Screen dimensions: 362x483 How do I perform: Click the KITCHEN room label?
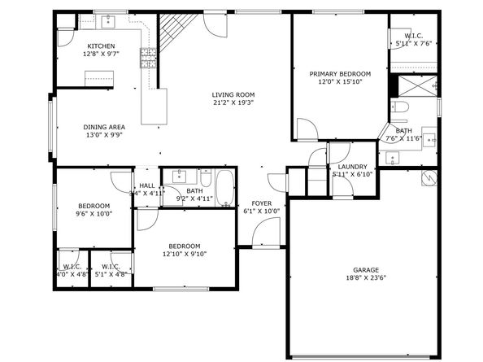pyautogui.click(x=101, y=46)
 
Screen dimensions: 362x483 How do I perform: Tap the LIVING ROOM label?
pyautogui.click(x=233, y=94)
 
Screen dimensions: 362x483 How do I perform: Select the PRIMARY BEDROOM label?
pyautogui.click(x=340, y=73)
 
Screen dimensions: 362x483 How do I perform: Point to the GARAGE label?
pyautogui.click(x=365, y=270)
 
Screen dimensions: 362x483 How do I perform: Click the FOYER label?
pyautogui.click(x=262, y=203)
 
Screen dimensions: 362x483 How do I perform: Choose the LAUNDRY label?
pyautogui.click(x=352, y=167)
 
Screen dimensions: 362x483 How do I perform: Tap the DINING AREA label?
pyautogui.click(x=104, y=127)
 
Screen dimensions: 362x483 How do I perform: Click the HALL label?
pyautogui.click(x=147, y=185)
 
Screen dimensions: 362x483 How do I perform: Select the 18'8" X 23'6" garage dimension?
pyautogui.click(x=365, y=278)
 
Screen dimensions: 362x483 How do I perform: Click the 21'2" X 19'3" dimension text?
pyautogui.click(x=233, y=102)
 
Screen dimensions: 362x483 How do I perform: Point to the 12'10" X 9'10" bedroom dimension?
pyautogui.click(x=185, y=254)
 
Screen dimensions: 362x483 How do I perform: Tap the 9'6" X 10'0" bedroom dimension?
pyautogui.click(x=94, y=214)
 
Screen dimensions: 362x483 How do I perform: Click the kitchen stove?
pyautogui.click(x=149, y=57)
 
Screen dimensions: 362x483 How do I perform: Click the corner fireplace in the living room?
pyautogui.click(x=172, y=33)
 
